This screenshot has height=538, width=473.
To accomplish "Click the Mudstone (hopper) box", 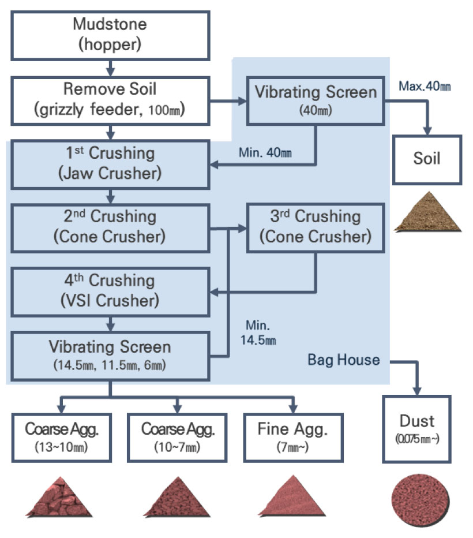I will click(x=110, y=33).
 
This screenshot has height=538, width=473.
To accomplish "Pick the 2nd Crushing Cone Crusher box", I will click(x=110, y=226).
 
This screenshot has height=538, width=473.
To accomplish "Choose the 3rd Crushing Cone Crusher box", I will click(x=316, y=226).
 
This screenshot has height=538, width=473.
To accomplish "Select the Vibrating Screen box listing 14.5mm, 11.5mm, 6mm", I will click(x=110, y=354).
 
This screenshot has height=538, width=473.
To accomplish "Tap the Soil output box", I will click(x=427, y=158).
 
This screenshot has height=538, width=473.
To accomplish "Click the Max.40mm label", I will click(x=424, y=87).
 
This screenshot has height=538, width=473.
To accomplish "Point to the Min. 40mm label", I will click(x=265, y=153).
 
